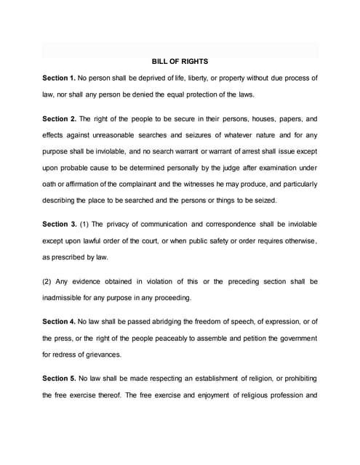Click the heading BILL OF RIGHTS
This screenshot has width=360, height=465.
coord(180,61)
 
